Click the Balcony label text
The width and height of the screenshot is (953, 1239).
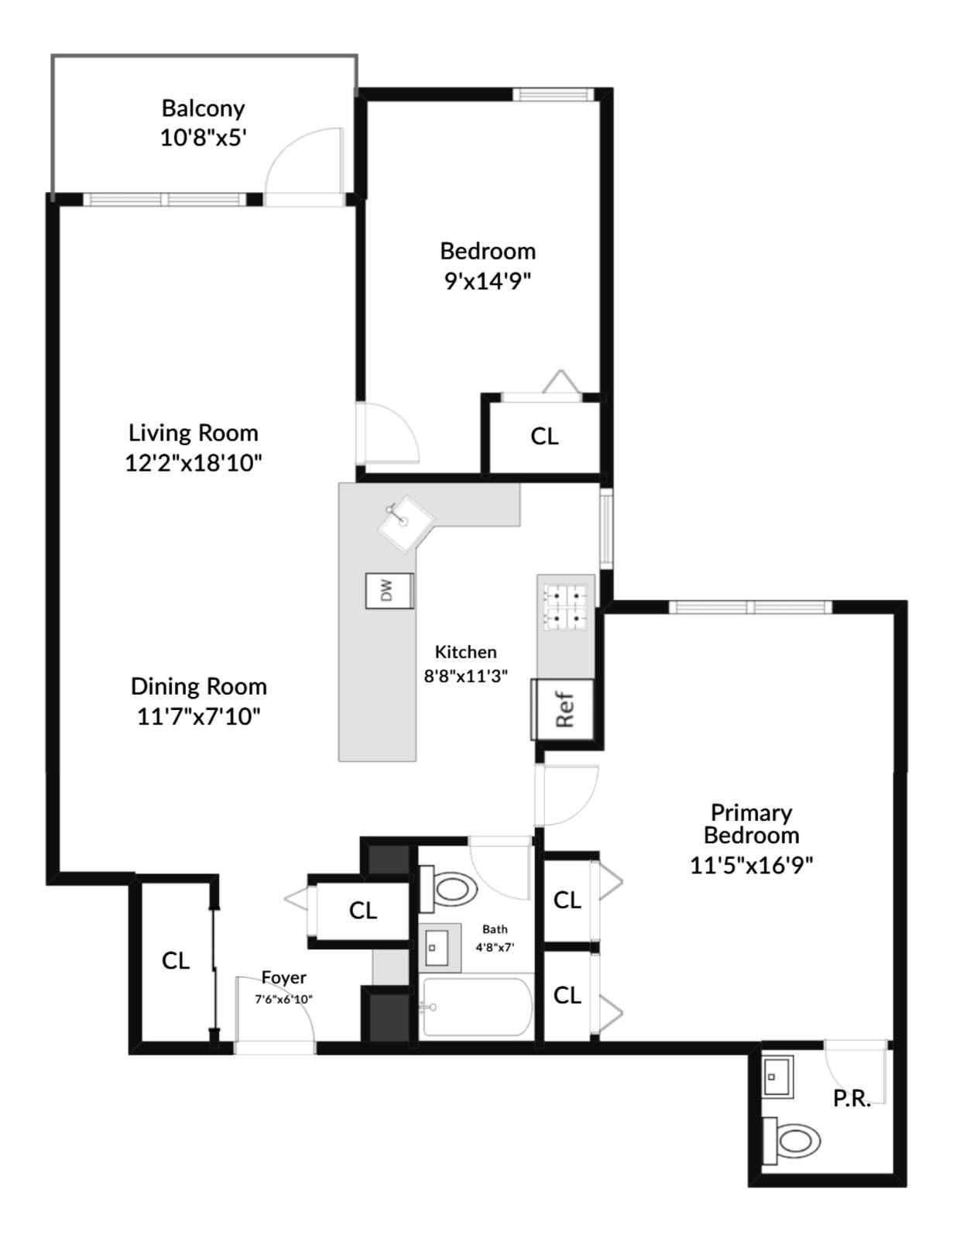click(x=203, y=108)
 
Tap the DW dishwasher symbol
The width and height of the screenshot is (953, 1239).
click(x=389, y=591)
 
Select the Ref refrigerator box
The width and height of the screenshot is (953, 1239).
click(x=564, y=709)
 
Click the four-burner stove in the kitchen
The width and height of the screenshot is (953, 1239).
click(x=566, y=606)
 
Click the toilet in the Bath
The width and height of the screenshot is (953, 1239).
click(x=448, y=889)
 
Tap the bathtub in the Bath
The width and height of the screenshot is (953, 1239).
click(x=477, y=1007)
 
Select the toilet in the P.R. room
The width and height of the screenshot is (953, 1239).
click(x=793, y=1140)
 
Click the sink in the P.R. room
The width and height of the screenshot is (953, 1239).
click(x=776, y=1076)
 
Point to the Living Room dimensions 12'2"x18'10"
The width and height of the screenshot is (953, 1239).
click(x=194, y=463)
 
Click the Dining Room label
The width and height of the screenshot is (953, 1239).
click(x=198, y=686)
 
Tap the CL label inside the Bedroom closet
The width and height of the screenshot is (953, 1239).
click(x=544, y=437)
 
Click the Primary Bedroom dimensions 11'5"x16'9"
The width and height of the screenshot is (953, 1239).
click(x=751, y=864)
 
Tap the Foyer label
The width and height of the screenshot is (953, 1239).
click(x=283, y=977)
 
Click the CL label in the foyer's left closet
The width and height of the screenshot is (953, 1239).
click(x=176, y=960)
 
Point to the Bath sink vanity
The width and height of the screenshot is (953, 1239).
click(x=439, y=947)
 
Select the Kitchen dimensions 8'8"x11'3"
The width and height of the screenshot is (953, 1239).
click(x=465, y=675)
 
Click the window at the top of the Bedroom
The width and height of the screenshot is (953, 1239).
click(x=553, y=94)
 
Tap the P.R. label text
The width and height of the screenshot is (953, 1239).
click(x=852, y=1098)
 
